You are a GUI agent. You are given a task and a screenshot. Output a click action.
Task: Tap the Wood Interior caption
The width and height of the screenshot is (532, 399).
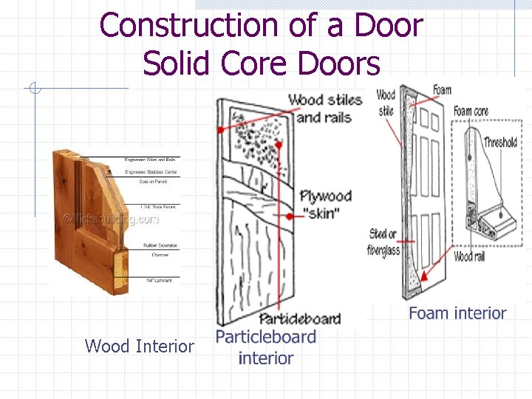(x=139, y=346)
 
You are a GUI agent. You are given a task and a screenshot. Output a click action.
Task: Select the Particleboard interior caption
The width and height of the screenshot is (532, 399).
(x=265, y=347)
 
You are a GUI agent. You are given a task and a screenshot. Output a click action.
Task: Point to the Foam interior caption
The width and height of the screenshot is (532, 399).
(x=457, y=313)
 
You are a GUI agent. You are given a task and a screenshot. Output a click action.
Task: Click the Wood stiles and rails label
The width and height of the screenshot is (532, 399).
(x=325, y=108)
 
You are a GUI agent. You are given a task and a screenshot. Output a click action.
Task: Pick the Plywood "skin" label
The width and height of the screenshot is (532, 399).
(x=325, y=205)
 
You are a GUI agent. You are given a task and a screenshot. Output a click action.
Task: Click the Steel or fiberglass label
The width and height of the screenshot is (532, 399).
(x=384, y=242)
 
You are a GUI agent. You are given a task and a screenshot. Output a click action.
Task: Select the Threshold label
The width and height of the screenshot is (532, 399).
(x=500, y=142)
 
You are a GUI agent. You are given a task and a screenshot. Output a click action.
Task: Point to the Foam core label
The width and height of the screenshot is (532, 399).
(x=471, y=112)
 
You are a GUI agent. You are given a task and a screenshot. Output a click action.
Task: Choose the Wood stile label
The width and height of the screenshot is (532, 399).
(x=386, y=102)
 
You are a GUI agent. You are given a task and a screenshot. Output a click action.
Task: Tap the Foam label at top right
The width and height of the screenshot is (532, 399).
(x=442, y=90)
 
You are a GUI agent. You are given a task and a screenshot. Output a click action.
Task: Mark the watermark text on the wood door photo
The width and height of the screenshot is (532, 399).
(x=111, y=219)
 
